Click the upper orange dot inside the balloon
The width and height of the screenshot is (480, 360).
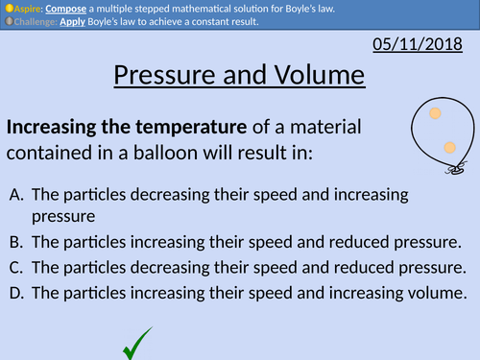435,114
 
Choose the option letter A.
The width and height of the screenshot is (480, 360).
17,195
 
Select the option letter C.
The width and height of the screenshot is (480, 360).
17,268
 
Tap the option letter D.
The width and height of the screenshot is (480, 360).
18,294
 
